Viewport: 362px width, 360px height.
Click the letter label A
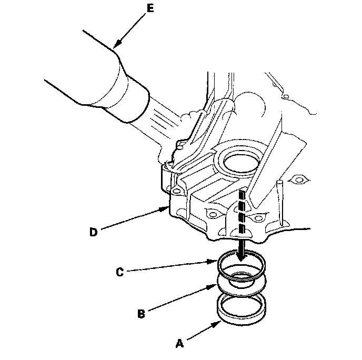179,344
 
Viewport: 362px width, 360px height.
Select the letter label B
141,313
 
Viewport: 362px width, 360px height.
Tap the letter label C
119,273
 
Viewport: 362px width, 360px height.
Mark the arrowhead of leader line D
167,208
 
